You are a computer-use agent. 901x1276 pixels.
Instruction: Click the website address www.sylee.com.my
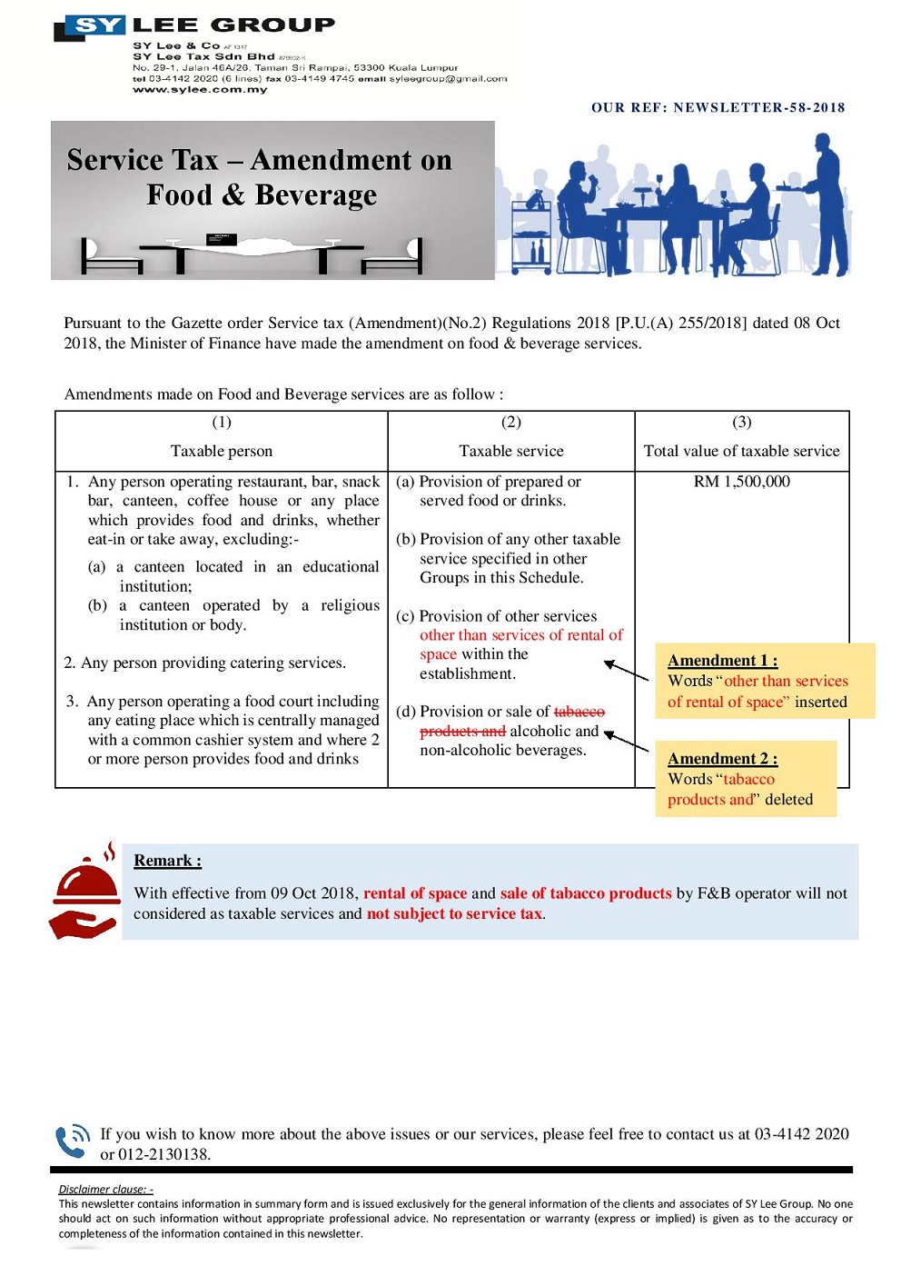200,89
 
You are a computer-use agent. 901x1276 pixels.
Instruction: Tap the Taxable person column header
222,451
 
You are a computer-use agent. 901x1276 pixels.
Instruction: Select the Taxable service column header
511,451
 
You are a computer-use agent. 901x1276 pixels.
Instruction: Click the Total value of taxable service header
741,451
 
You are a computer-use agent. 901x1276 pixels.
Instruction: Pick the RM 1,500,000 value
741,482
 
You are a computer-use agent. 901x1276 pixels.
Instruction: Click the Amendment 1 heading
722,661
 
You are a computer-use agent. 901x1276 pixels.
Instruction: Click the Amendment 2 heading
722,759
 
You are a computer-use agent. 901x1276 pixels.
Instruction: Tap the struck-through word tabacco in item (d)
579,712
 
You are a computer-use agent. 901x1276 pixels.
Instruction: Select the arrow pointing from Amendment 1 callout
626,671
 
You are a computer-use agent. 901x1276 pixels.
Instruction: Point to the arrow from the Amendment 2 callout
626,742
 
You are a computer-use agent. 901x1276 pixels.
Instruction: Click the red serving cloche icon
85,891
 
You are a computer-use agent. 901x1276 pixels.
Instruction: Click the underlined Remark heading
167,861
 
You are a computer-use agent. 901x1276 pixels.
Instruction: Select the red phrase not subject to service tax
454,914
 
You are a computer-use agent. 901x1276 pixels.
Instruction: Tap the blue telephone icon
73,1141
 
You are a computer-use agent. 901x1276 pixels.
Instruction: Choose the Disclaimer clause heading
105,1189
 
